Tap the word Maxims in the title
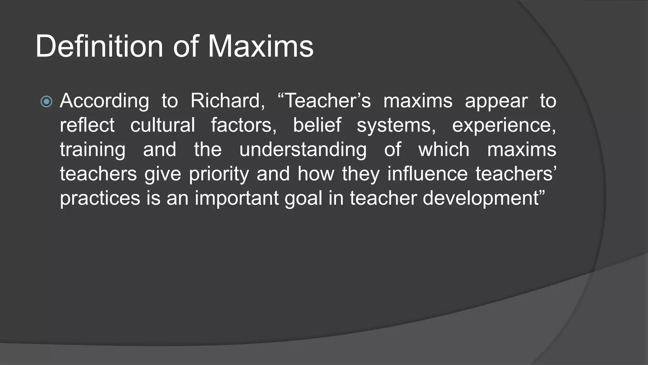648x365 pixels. click(x=260, y=46)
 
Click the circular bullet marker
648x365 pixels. click(x=47, y=102)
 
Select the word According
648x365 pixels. click(x=104, y=101)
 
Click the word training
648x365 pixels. click(x=92, y=150)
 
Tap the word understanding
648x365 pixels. click(x=303, y=150)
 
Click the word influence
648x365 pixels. click(x=427, y=174)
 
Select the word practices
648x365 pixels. click(x=100, y=199)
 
